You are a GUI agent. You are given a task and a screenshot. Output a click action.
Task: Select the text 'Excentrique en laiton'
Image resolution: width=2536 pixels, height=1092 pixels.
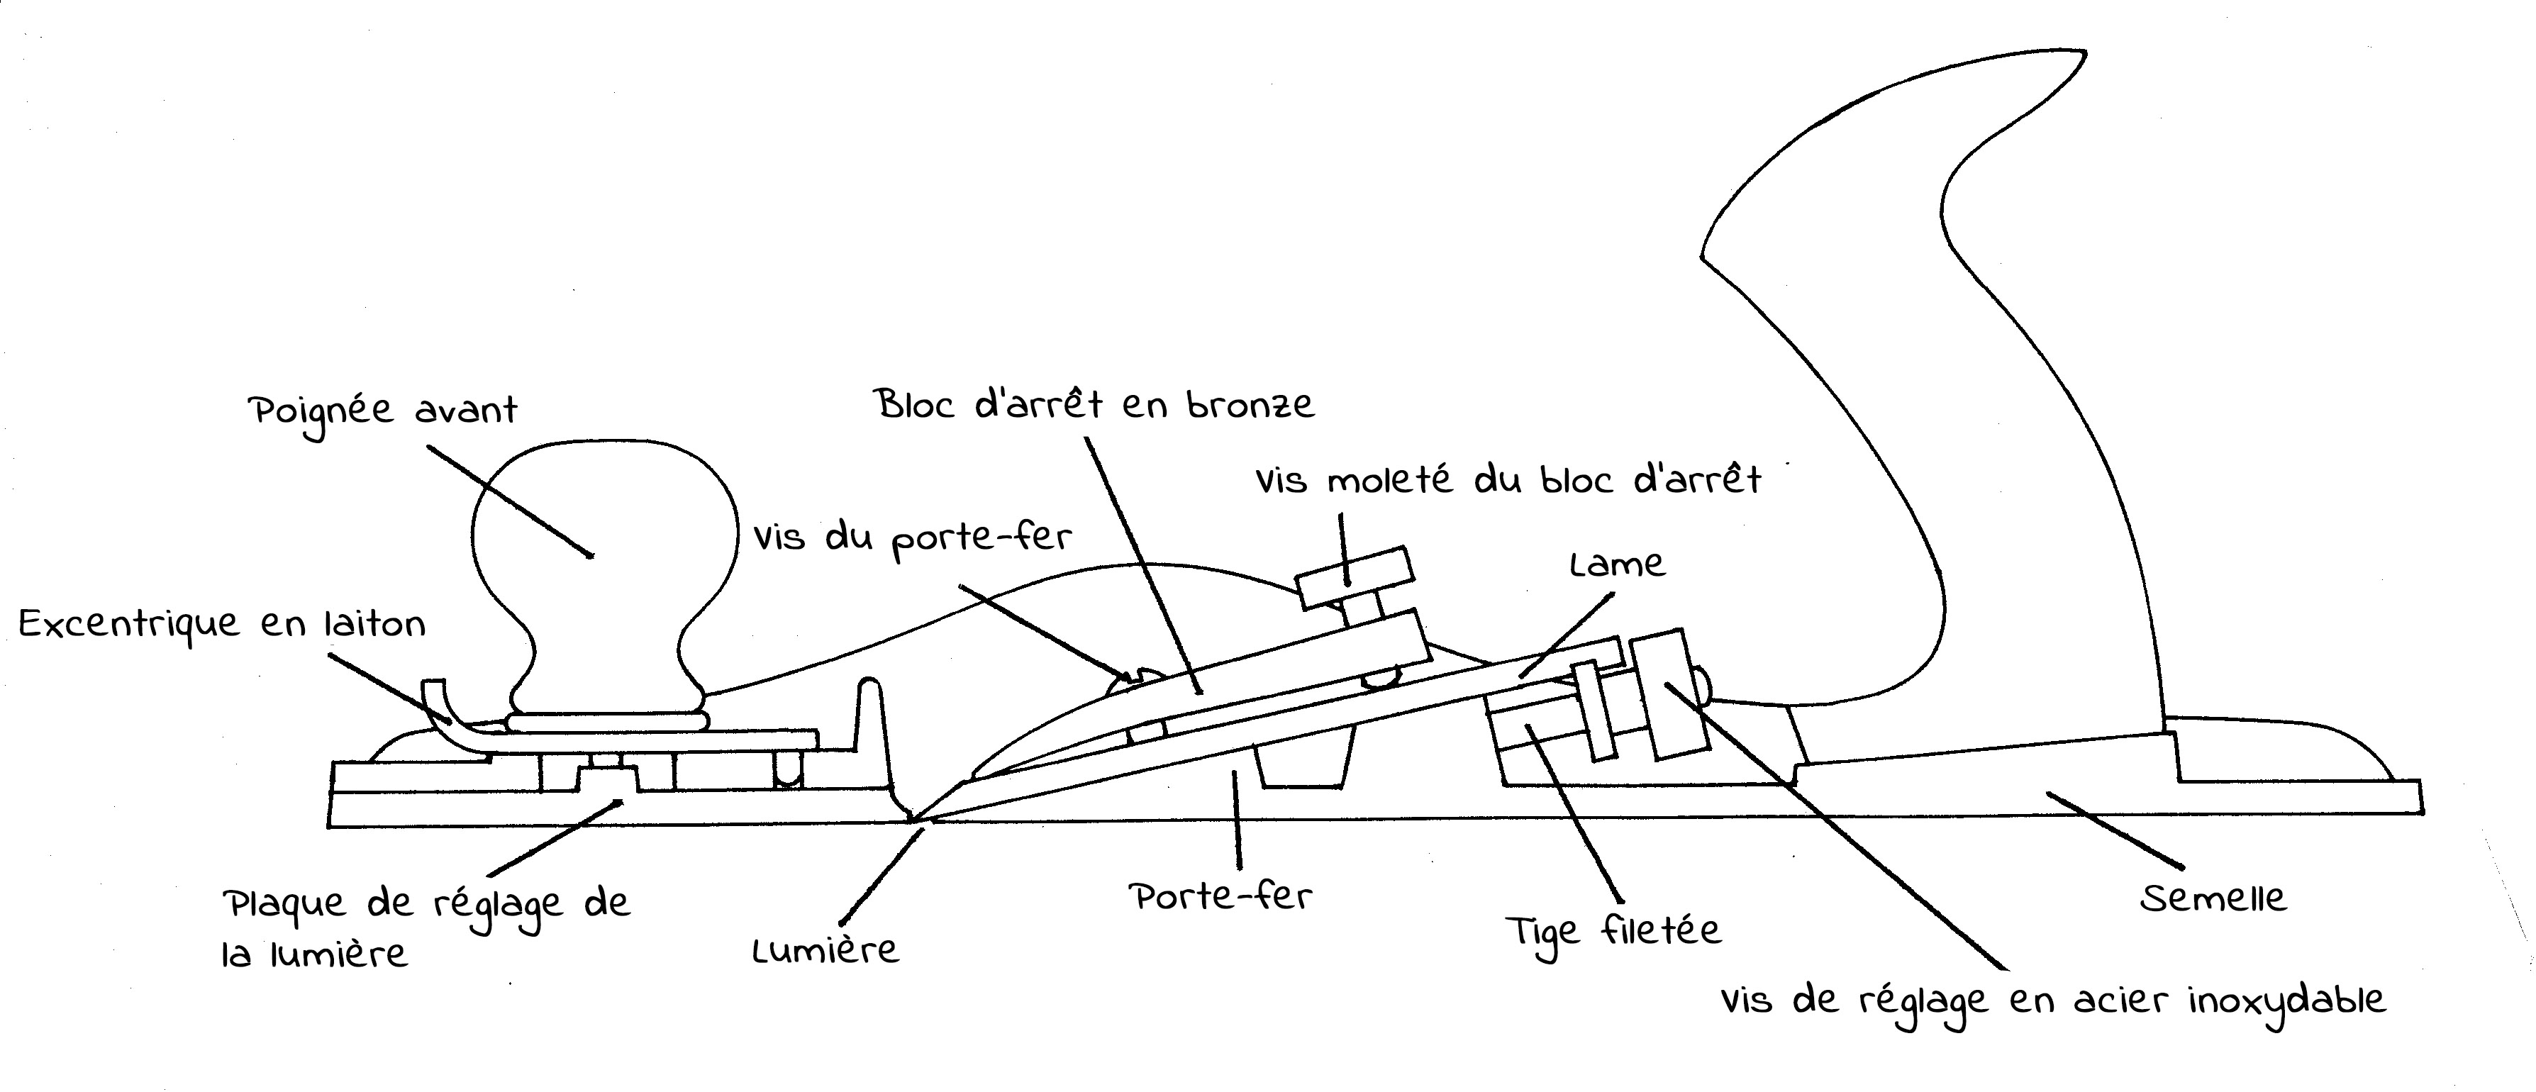click(x=223, y=624)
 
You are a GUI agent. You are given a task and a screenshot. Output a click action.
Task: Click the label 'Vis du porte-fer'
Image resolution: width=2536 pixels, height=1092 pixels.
click(x=913, y=540)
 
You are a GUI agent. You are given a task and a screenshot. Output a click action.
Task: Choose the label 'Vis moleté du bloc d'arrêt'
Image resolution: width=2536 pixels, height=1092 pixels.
click(x=1507, y=481)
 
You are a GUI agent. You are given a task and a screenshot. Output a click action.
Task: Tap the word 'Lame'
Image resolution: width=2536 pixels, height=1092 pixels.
click(x=1616, y=564)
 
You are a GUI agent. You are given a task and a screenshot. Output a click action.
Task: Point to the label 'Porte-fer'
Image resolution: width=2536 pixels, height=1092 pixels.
click(x=1220, y=897)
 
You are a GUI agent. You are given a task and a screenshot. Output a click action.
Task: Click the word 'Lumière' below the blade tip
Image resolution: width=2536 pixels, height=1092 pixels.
click(x=825, y=949)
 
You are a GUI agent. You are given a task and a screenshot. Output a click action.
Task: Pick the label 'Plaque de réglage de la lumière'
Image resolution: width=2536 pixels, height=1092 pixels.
click(x=426, y=927)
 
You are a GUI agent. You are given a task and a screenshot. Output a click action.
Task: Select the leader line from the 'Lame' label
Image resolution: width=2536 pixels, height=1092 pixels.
click(x=1565, y=635)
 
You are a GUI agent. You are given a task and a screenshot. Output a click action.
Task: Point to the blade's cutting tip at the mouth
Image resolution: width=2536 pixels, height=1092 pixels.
click(x=916, y=818)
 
